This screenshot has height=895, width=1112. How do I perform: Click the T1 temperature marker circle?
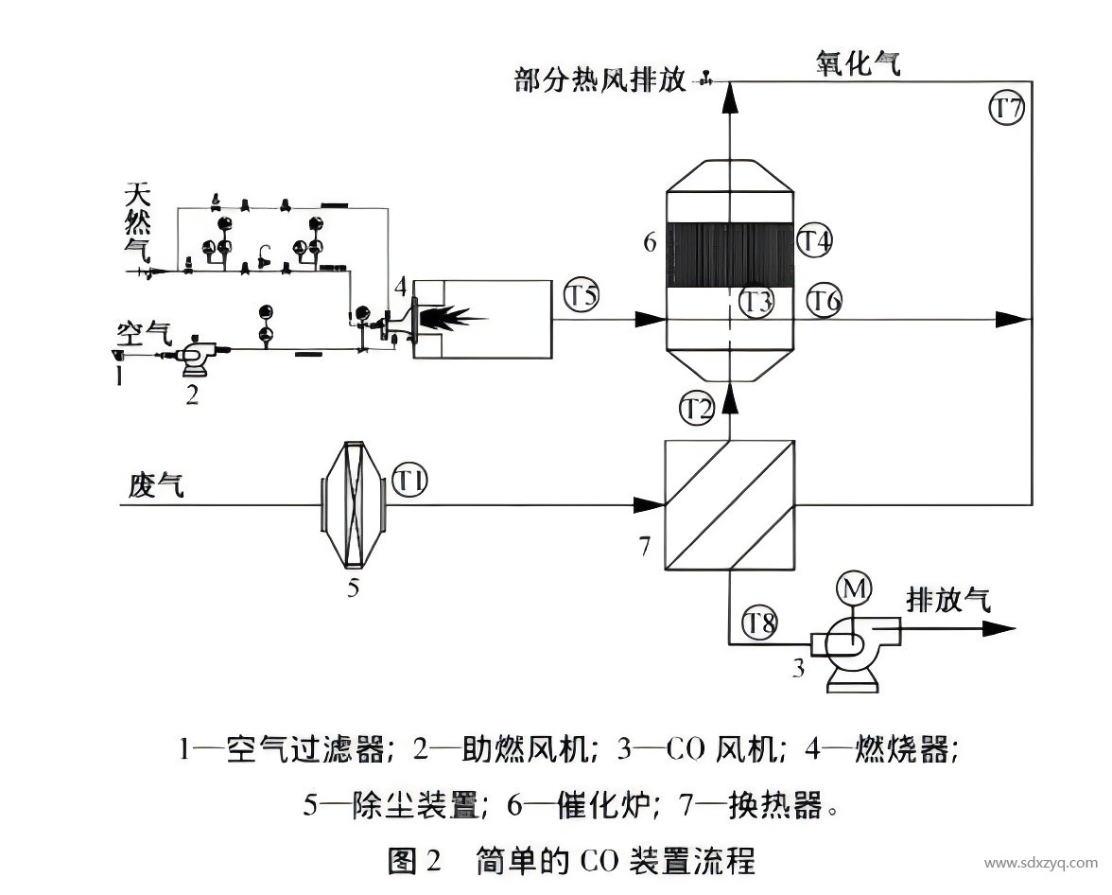tap(409, 481)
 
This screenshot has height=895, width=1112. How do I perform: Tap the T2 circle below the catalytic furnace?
tap(696, 409)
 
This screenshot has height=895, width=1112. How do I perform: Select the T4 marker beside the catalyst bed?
tap(814, 240)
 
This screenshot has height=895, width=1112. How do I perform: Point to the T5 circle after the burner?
tap(582, 296)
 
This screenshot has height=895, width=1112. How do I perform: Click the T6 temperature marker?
tap(824, 301)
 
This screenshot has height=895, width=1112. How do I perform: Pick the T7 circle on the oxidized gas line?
tap(1007, 108)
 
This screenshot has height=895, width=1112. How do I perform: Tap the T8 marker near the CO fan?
tap(761, 623)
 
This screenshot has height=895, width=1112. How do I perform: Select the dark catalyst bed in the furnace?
tap(729, 255)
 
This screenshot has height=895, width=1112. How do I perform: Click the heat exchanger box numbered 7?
tap(729, 505)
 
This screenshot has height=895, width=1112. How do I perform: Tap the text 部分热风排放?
tap(599, 80)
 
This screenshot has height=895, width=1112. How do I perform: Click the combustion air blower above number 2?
tap(195, 358)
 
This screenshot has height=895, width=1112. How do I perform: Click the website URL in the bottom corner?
tap(1040, 863)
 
